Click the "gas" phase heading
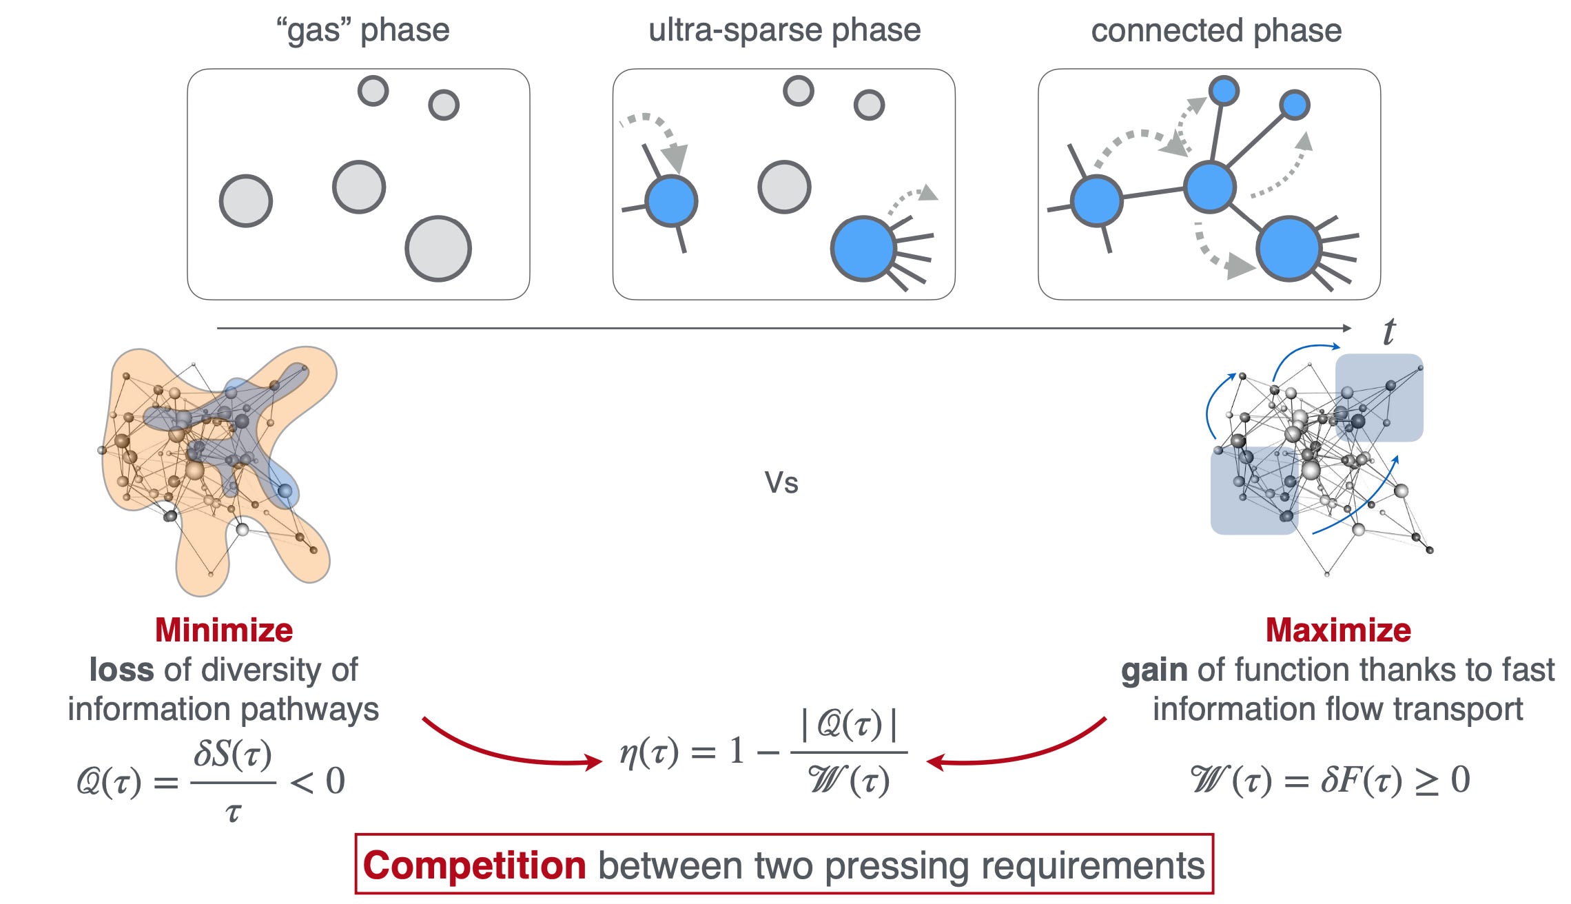(x=362, y=30)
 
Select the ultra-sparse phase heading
(x=784, y=30)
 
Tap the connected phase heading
(x=1216, y=30)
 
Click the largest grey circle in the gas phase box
(x=438, y=249)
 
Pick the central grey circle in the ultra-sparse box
(x=784, y=187)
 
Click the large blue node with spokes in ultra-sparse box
(x=863, y=249)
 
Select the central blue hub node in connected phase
(x=1209, y=186)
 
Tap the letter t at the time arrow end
(x=1388, y=331)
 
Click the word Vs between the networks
(x=781, y=483)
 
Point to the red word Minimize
(x=224, y=630)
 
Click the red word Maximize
(x=1338, y=630)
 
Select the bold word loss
(x=121, y=670)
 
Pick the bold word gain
(x=1154, y=670)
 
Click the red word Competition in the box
(x=474, y=865)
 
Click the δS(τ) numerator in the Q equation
(x=233, y=754)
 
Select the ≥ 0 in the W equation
(x=1442, y=780)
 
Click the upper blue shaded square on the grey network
(x=1379, y=398)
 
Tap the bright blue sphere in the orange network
(x=285, y=491)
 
